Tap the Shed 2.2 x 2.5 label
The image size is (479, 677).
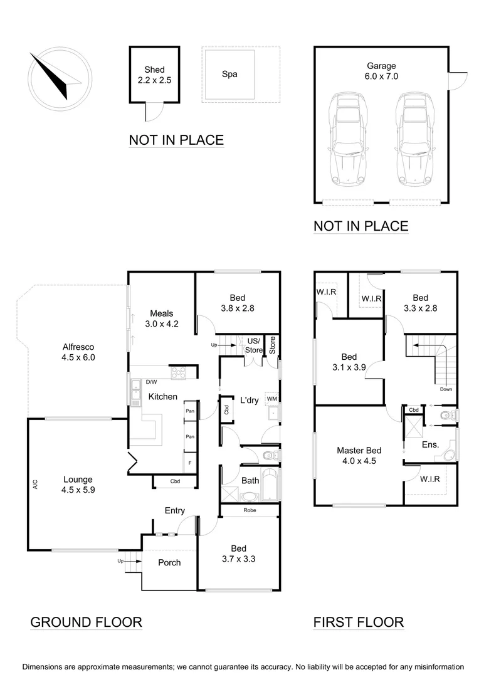154,75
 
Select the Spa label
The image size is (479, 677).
229,74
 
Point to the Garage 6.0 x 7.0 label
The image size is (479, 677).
382,70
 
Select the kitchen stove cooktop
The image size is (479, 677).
179,372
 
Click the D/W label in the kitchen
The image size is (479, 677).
151,381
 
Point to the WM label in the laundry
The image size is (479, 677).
271,398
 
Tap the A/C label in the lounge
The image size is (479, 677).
35,484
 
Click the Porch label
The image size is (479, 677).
169,562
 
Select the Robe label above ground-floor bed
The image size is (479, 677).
250,511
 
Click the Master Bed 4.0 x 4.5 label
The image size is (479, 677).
359,455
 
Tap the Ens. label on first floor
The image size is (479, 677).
430,444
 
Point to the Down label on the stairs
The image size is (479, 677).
446,389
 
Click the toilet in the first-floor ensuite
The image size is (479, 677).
446,414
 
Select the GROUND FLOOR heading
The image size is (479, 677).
87,622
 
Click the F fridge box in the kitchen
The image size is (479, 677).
189,464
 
